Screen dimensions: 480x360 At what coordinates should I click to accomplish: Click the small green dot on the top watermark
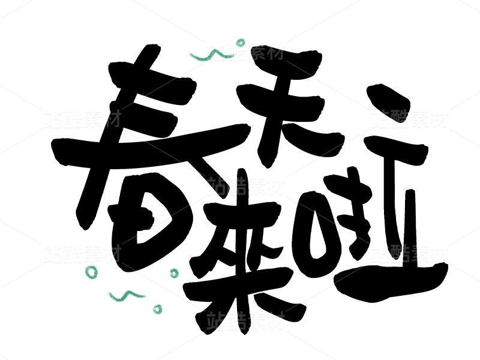pyautogui.click(x=241, y=42)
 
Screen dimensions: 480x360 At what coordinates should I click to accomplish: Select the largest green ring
pyautogui.click(x=91, y=272)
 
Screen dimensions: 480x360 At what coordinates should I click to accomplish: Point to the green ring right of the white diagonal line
pyautogui.click(x=174, y=274)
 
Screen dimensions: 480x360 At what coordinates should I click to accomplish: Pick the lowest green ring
pyautogui.click(x=157, y=310)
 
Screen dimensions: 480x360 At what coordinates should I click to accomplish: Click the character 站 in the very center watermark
pyautogui.click(x=217, y=186)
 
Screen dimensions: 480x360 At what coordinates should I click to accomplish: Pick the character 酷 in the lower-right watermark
pyautogui.click(x=400, y=253)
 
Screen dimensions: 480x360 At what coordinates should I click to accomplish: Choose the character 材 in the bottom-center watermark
pyautogui.click(x=275, y=321)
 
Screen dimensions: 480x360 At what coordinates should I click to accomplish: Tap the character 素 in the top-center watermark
pyautogui.click(x=256, y=52)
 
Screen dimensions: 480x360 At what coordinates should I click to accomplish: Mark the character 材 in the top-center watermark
pyautogui.click(x=275, y=52)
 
